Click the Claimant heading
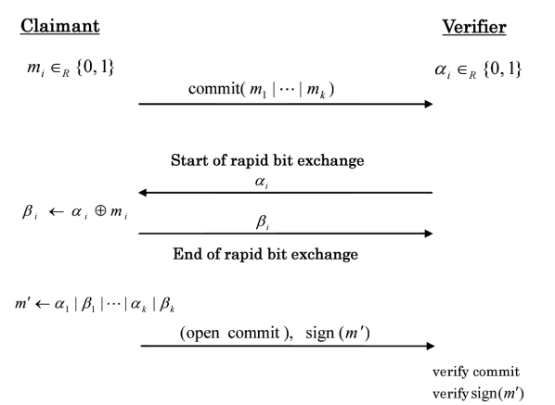[x=60, y=26]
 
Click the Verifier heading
[x=474, y=26]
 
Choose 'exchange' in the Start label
[x=331, y=160]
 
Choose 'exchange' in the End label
[x=326, y=254]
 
